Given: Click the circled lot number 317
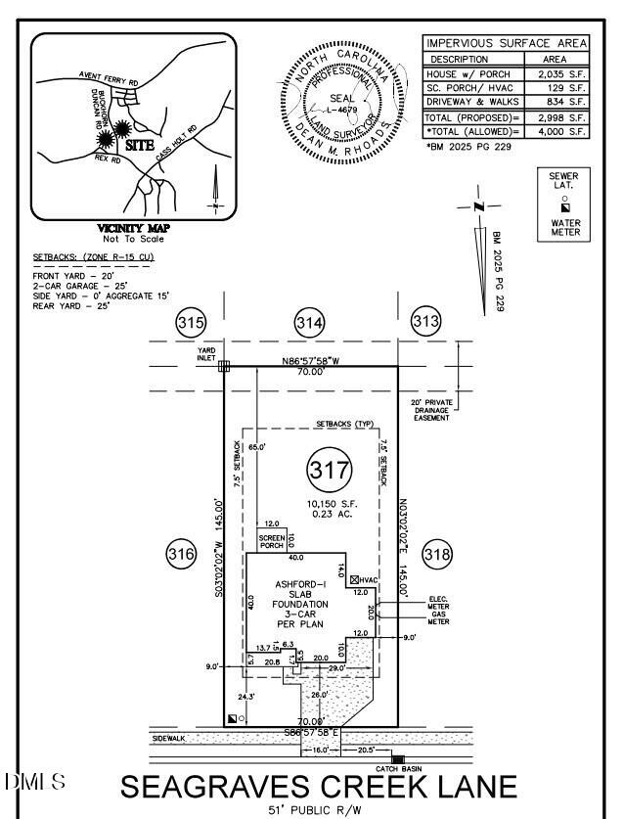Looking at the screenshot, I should pyautogui.click(x=330, y=470).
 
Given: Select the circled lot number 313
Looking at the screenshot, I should pyautogui.click(x=425, y=322).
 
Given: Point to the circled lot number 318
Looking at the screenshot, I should pyautogui.click(x=437, y=555).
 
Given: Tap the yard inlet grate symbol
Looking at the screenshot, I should pyautogui.click(x=224, y=366).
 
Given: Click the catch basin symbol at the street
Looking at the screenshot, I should pyautogui.click(x=398, y=758).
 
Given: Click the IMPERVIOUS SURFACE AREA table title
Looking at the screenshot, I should pyautogui.click(x=506, y=44).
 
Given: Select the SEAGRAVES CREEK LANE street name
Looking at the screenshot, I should pyautogui.click(x=319, y=787).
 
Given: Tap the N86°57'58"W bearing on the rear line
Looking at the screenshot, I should pyautogui.click(x=310, y=360).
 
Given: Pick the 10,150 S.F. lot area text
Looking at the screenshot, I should pyautogui.click(x=330, y=498).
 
